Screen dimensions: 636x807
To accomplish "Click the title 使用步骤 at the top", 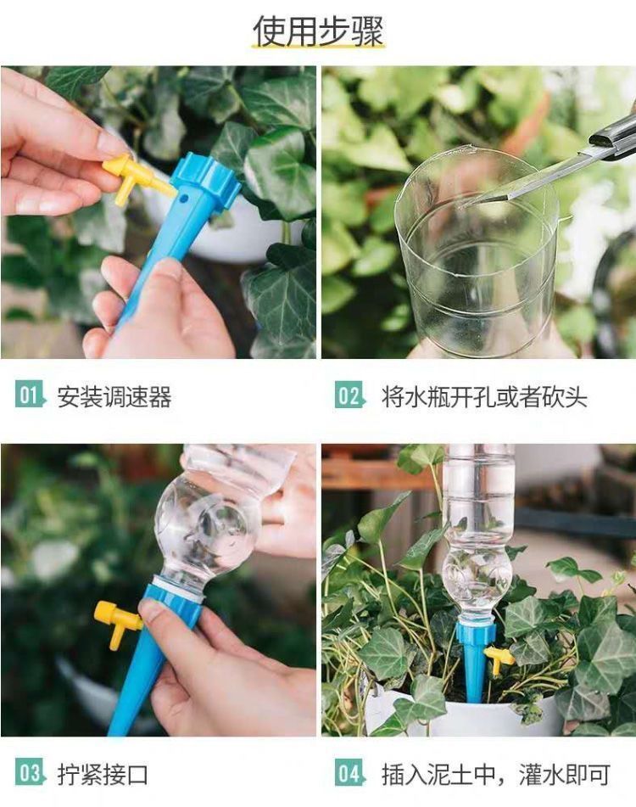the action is pos(318,31).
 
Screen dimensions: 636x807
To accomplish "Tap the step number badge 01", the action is pos(30,395).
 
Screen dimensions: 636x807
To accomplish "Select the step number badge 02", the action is pos(349,395).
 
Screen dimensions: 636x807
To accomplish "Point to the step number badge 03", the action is pos(30,773).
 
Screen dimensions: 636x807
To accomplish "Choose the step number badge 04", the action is pos(349,773).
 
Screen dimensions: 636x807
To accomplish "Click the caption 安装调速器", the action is pos(114,397).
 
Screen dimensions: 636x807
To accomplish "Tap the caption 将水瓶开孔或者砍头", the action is pos(484,397).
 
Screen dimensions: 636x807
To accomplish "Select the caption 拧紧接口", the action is pos(103,775).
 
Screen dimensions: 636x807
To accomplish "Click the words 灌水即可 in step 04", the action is pos(565,775).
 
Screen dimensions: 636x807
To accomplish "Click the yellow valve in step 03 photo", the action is pos(117,622).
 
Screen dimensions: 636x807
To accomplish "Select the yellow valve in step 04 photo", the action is pos(499,658).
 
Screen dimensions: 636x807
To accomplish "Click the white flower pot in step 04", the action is pos(463,713).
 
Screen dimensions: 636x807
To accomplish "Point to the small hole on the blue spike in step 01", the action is pos(183,198).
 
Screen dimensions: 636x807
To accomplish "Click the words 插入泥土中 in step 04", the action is pos(438,775).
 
